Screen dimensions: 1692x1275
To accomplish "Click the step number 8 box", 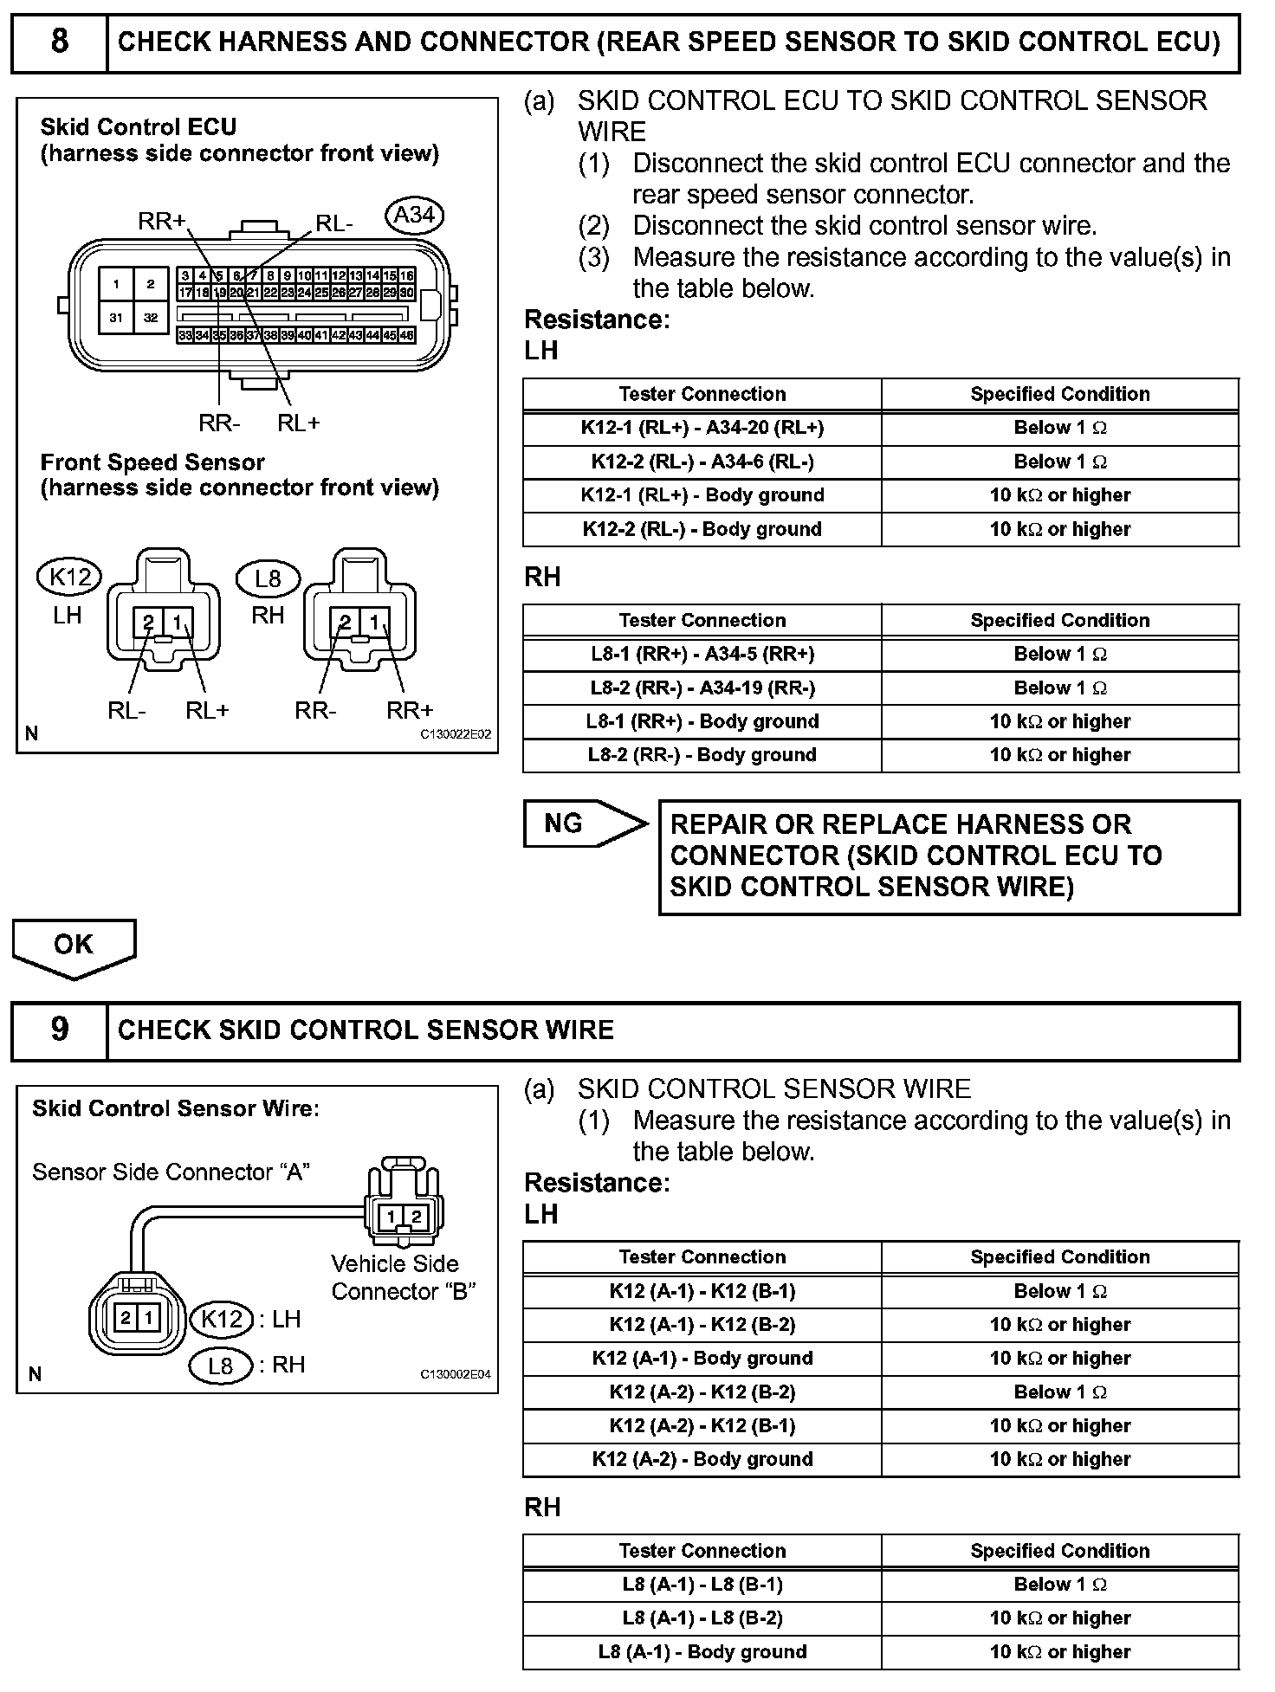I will click(59, 42).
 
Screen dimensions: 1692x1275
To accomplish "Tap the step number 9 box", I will click(59, 1030).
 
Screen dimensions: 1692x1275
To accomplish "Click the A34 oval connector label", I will click(414, 216).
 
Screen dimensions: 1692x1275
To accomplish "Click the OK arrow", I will click(74, 946).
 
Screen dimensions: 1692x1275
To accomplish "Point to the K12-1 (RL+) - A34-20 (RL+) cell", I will click(702, 428).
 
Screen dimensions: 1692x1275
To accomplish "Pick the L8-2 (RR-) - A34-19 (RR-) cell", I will click(702, 688).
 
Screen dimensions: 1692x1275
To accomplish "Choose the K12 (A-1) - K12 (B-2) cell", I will click(702, 1325).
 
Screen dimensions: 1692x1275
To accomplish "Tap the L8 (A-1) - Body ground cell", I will click(702, 1652).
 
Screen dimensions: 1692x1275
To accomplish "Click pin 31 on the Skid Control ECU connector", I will click(116, 318).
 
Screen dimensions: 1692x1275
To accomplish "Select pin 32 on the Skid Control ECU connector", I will click(151, 318).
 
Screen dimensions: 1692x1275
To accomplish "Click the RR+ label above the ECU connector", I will click(161, 222).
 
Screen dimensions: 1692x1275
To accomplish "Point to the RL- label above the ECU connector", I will click(333, 224).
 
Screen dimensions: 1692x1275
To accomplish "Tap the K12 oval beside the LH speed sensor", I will click(69, 576).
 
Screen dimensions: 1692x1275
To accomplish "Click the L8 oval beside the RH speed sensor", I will click(268, 578).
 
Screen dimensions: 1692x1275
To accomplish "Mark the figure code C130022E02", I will click(456, 734).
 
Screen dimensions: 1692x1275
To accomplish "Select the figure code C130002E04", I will click(456, 1374).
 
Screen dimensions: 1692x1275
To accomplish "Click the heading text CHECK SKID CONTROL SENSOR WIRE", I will click(366, 1030).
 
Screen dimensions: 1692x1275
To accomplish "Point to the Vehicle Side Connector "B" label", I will click(403, 1277).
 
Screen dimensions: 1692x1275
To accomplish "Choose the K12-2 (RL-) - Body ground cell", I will click(702, 529).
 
